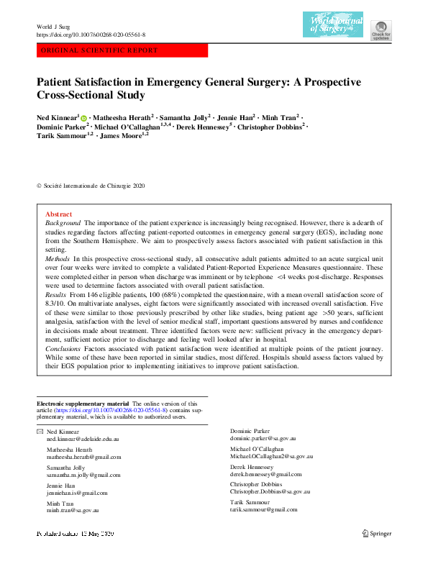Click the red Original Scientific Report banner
(x=122, y=51)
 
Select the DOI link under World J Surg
(x=91, y=35)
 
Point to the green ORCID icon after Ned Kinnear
(x=83, y=117)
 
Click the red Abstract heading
(x=58, y=214)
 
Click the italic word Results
(x=55, y=295)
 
